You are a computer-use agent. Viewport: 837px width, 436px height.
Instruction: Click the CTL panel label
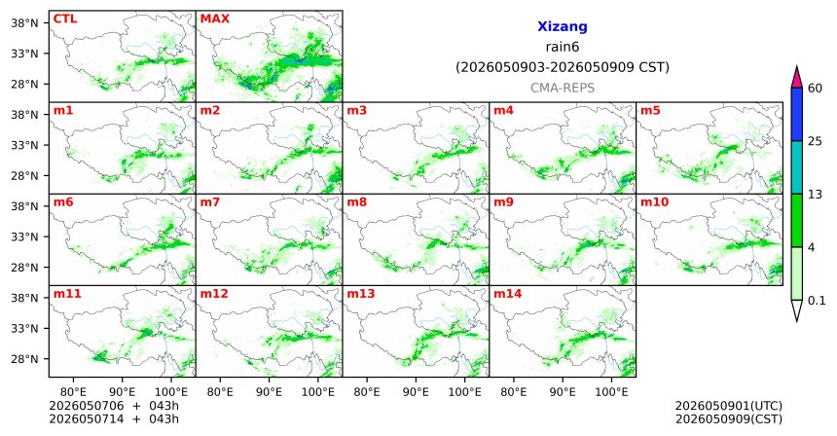[x=65, y=18]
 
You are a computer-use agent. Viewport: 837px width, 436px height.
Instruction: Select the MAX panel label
[x=214, y=18]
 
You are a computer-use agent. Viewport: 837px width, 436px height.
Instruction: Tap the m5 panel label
[x=650, y=111]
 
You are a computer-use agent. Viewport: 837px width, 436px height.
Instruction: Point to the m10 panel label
[x=654, y=202]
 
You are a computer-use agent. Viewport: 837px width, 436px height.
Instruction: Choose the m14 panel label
[x=508, y=294]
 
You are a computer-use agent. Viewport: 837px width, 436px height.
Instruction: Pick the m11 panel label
[x=67, y=294]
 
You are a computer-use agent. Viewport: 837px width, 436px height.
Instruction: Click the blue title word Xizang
[x=563, y=26]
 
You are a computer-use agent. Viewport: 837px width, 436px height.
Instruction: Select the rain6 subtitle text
[x=563, y=47]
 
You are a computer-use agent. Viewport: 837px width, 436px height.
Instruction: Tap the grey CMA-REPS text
[x=563, y=88]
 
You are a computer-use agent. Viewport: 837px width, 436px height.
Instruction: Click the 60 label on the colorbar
[x=816, y=89]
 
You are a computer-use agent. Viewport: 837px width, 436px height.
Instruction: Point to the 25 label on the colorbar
[x=816, y=141]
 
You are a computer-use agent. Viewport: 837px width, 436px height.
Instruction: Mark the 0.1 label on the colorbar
[x=817, y=301]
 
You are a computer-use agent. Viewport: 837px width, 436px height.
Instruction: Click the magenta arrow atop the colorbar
[x=796, y=77]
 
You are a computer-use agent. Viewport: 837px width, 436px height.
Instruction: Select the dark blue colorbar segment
[x=796, y=114]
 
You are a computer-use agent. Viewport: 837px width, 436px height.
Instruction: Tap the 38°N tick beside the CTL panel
[x=24, y=23]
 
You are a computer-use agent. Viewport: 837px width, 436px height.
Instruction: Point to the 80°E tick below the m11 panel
[x=73, y=392]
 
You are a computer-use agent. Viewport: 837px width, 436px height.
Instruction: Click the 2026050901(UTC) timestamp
[x=729, y=407]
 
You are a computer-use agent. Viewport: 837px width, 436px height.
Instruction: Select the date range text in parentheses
[x=563, y=67]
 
